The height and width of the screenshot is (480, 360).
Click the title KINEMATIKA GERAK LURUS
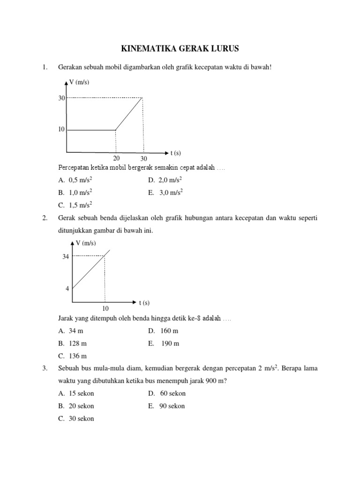(x=180, y=49)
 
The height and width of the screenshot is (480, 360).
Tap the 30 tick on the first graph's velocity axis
(x=61, y=98)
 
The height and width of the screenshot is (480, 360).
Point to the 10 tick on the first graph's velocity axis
(x=61, y=129)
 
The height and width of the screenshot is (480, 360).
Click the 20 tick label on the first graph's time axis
(x=116, y=158)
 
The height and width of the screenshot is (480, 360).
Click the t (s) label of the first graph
(x=176, y=153)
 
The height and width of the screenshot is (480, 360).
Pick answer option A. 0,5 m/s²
(x=75, y=180)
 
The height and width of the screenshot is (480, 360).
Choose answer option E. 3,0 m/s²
(x=165, y=192)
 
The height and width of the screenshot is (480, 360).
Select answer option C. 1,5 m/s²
(x=75, y=204)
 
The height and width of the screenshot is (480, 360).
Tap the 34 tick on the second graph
(x=66, y=256)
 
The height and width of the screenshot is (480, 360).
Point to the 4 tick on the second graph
(x=67, y=289)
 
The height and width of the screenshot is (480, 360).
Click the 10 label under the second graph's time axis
(x=105, y=309)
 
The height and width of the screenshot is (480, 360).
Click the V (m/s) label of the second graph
(x=85, y=243)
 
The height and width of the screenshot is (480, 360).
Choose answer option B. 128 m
(x=74, y=344)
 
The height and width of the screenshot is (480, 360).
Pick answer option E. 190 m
(x=164, y=344)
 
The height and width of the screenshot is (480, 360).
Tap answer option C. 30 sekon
(x=76, y=419)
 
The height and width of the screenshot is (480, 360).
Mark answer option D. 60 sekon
(x=166, y=393)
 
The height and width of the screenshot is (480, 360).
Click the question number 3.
(x=45, y=368)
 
